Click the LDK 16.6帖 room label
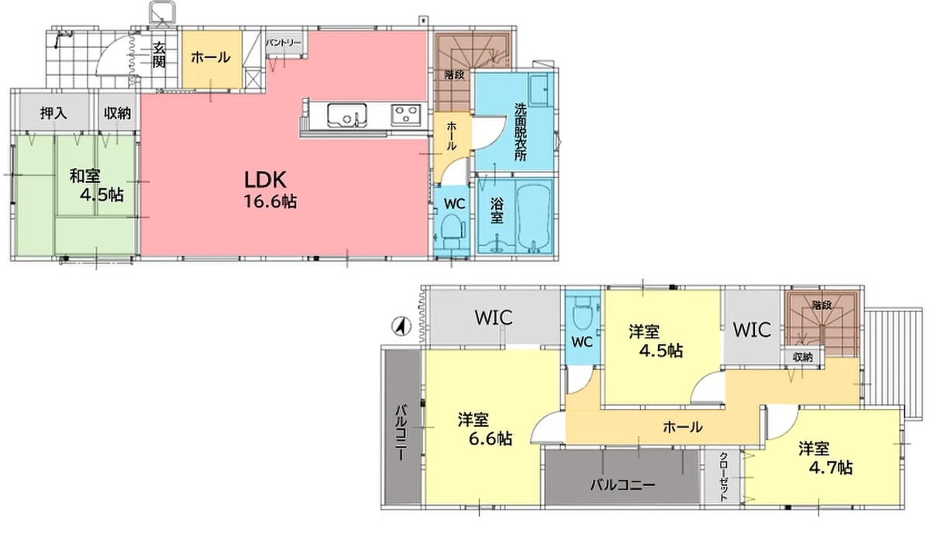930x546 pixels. [x=269, y=190]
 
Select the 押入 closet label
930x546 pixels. [x=53, y=113]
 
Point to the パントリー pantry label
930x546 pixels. [x=284, y=43]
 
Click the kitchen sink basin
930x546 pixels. [x=344, y=115]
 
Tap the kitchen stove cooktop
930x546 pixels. [x=405, y=115]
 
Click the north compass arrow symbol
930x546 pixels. [x=400, y=326]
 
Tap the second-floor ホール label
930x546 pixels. [x=683, y=426]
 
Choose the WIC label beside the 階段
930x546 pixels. [x=752, y=330]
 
